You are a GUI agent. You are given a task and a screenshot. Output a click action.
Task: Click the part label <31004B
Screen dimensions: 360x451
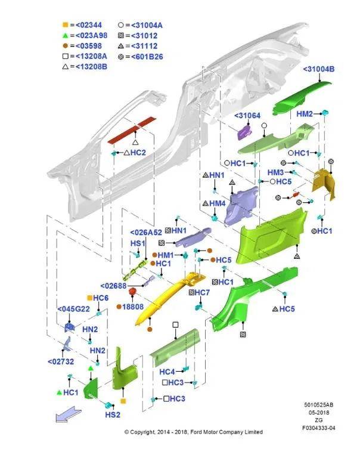[x=319, y=69]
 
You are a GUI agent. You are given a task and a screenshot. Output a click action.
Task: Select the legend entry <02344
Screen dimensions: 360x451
[x=88, y=25]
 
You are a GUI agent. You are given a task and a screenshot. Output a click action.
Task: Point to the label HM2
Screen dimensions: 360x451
[x=304, y=114]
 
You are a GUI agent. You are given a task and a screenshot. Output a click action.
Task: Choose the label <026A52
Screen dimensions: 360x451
[x=145, y=233]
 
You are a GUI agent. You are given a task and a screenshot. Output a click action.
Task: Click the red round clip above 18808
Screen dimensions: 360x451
[x=132, y=292]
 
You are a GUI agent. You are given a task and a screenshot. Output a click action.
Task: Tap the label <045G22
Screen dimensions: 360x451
[x=73, y=309]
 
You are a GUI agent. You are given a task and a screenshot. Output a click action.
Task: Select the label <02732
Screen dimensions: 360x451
[x=61, y=362]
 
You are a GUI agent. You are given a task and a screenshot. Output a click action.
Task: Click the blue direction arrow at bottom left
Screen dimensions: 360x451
[x=68, y=415]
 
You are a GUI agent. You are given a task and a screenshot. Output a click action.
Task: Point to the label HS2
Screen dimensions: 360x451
[x=113, y=415]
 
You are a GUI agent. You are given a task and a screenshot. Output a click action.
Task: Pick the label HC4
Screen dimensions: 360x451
[x=167, y=372]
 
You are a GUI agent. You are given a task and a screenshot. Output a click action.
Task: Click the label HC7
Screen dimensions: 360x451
[x=202, y=292]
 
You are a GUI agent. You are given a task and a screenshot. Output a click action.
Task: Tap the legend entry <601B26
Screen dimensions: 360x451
[x=147, y=57]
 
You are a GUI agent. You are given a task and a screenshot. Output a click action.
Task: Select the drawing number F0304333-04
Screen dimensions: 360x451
[x=319, y=428]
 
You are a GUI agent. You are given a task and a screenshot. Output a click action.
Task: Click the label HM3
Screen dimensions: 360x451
[x=275, y=172]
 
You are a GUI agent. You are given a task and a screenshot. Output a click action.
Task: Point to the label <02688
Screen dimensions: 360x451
[x=113, y=286]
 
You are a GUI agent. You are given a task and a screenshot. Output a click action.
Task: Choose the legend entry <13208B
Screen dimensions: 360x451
[x=91, y=67]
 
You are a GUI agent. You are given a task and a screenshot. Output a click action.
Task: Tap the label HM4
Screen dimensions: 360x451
[x=217, y=203]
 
